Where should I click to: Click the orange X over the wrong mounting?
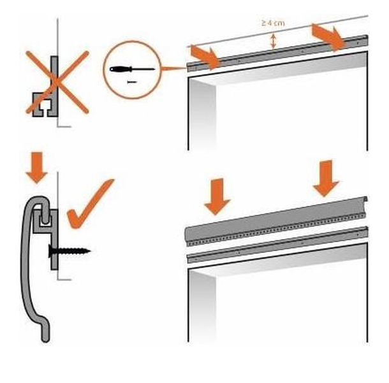[x=57, y=82]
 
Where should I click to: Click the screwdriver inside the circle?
[x=132, y=69]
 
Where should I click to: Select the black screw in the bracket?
[x=70, y=251]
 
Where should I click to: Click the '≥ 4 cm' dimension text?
[x=273, y=23]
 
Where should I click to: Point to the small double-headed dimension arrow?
[x=273, y=41]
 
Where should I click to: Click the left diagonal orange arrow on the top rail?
[x=205, y=57]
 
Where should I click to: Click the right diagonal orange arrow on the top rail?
[x=328, y=37]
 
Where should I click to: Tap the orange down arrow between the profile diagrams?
[x=37, y=168]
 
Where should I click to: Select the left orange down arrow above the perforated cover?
[x=217, y=196]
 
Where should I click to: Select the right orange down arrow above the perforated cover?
[x=326, y=178]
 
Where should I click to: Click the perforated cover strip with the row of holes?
[x=276, y=221]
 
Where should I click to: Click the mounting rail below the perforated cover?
[x=277, y=245]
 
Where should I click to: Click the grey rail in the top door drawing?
[x=277, y=54]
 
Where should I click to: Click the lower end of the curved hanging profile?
[x=46, y=338]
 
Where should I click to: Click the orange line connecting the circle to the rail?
[x=174, y=68]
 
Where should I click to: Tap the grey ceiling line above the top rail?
[x=278, y=31]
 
